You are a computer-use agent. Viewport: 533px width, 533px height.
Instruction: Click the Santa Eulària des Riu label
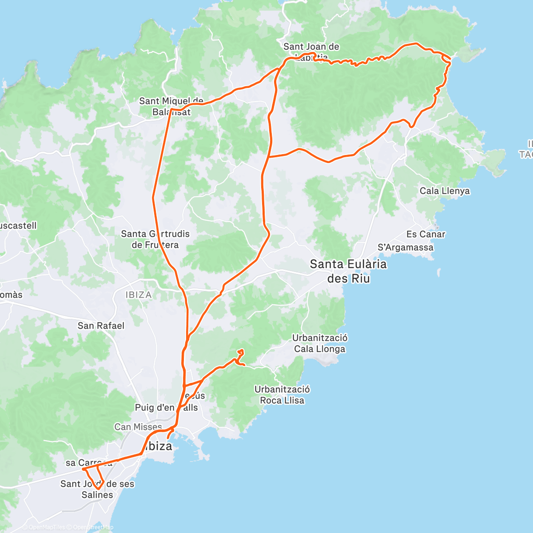(348, 271)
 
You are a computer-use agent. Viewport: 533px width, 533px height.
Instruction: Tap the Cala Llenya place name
(445, 191)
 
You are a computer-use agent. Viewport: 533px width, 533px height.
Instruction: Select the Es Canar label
(426, 234)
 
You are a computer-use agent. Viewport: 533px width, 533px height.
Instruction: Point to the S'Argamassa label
(405, 247)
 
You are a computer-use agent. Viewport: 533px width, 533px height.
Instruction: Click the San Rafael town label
(101, 326)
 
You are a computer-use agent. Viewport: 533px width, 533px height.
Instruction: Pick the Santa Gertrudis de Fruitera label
(155, 239)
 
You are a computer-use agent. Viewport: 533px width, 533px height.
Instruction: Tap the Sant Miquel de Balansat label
(171, 107)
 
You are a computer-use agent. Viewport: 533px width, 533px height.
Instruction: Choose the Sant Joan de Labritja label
(311, 52)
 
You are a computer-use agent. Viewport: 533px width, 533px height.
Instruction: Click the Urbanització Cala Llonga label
(319, 343)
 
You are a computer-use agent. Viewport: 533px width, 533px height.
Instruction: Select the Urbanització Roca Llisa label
(282, 395)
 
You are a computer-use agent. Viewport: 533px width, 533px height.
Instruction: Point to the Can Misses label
(138, 427)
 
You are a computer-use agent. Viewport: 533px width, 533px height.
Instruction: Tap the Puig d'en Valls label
(166, 407)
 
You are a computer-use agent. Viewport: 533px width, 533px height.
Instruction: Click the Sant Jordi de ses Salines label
(97, 489)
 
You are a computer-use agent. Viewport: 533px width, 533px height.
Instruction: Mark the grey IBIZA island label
(139, 295)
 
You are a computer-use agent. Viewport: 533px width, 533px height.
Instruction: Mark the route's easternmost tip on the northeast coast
(451, 59)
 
